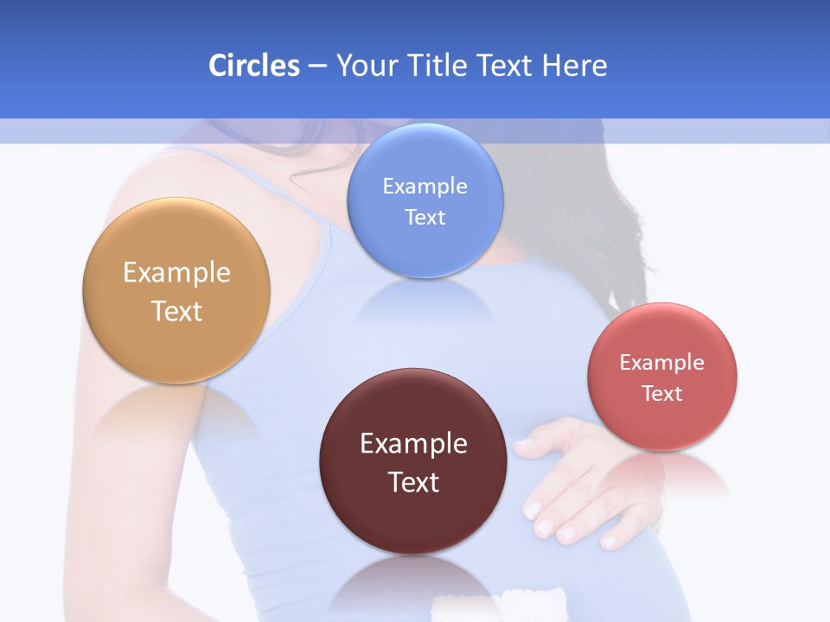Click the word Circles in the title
click(253, 66)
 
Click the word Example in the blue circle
click(425, 186)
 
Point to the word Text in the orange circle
click(176, 311)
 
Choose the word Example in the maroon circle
click(413, 443)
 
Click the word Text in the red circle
click(662, 394)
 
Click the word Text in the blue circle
click(425, 217)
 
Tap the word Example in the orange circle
click(176, 272)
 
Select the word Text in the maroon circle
click(413, 482)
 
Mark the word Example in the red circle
click(662, 363)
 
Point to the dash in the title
click(317, 66)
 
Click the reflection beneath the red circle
click(663, 475)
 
